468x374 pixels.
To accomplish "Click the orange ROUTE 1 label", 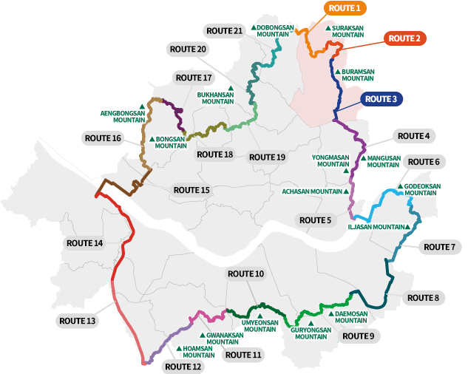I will (344, 9).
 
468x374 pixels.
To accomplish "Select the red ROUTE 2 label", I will (404, 38).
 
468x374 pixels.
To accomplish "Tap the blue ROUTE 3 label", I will (381, 99).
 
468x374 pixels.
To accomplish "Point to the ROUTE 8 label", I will (422, 298).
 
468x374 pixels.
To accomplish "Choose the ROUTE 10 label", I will (245, 274).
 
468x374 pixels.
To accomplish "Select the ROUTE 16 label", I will (102, 138).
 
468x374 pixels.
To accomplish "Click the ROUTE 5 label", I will (313, 220).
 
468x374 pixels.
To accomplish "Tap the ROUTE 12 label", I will (182, 366).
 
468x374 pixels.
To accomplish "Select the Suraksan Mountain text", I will (347, 31).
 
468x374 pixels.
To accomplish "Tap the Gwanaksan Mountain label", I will (223, 339).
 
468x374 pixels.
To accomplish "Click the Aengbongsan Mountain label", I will (123, 115).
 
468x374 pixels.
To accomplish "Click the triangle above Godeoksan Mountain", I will (401, 186).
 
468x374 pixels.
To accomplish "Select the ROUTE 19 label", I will (267, 157).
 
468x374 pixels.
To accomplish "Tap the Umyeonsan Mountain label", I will (260, 326).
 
